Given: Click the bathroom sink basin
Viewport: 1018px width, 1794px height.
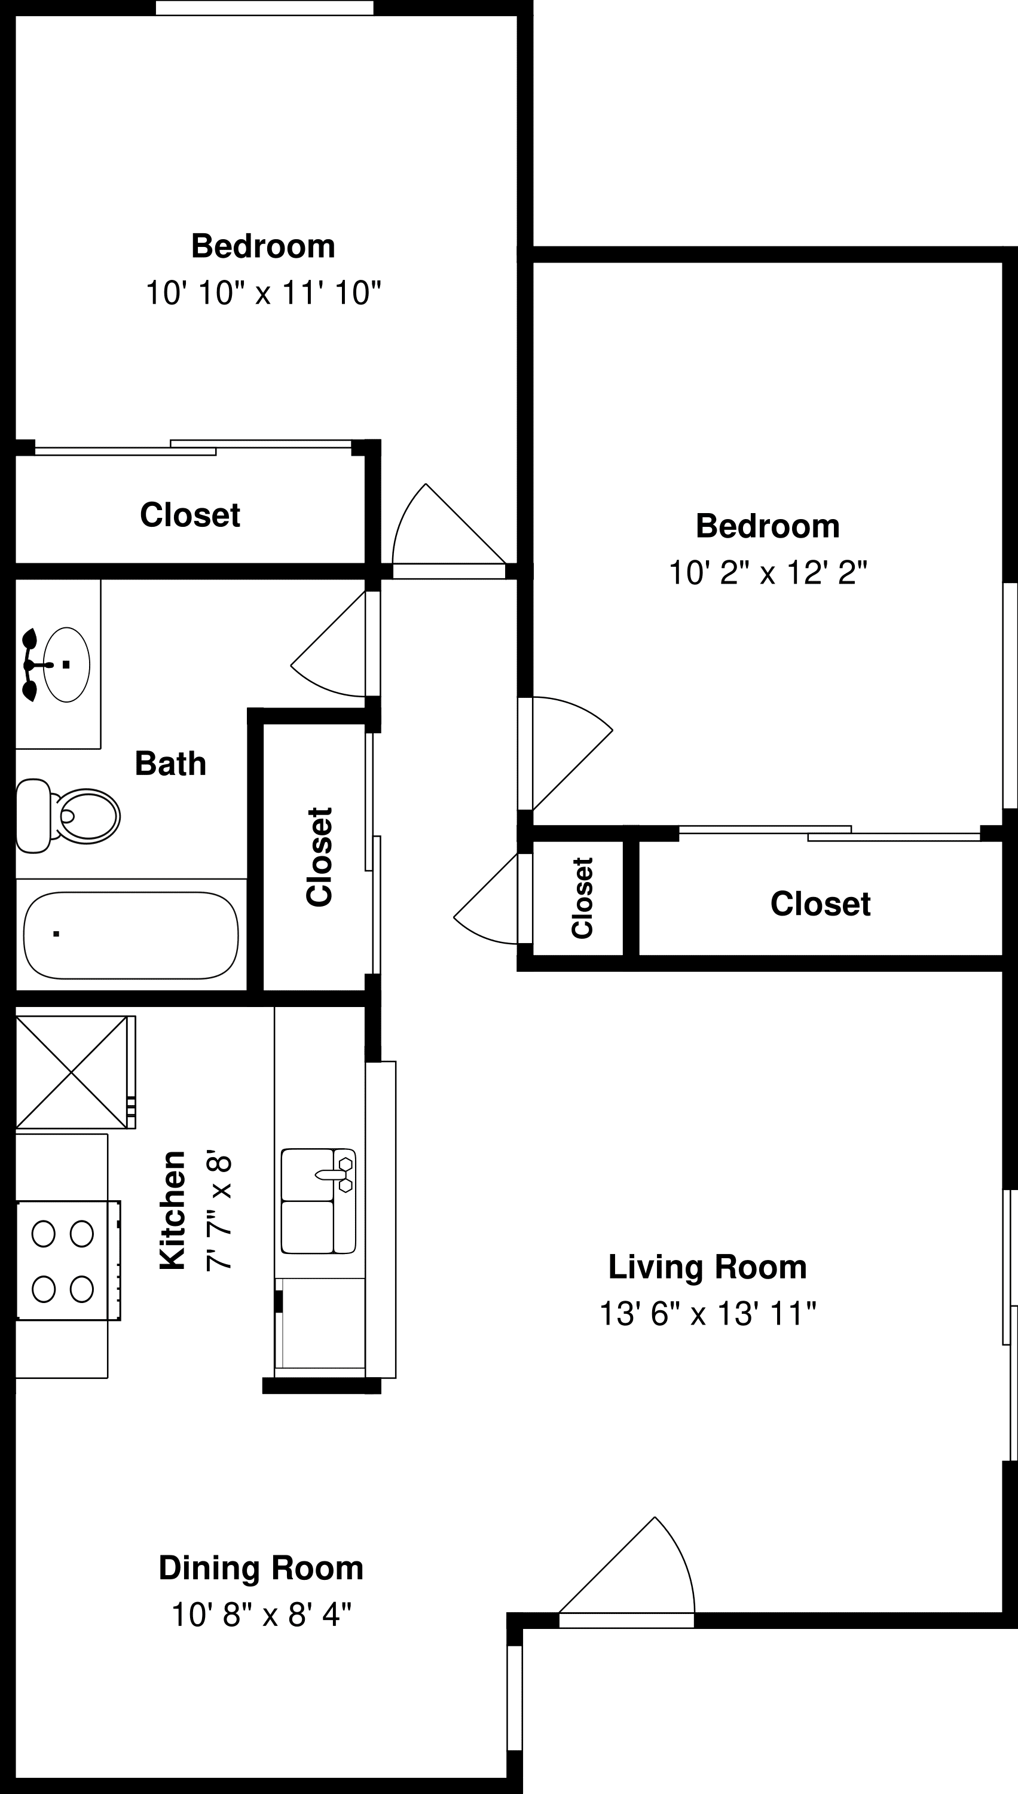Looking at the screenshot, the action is (x=66, y=664).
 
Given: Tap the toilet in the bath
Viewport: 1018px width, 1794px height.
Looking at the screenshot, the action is (x=67, y=816).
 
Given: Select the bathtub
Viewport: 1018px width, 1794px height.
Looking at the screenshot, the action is (x=131, y=935).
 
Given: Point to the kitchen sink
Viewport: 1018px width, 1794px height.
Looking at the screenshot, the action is (x=318, y=1200).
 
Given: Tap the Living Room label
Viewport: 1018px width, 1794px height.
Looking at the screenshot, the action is (x=708, y=1267).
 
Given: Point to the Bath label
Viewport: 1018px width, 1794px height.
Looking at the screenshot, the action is (x=170, y=763).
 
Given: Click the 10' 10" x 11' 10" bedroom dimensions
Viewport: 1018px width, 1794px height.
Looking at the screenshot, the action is (x=263, y=292).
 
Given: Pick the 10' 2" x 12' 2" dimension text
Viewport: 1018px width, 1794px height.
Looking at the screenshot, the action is (x=768, y=573).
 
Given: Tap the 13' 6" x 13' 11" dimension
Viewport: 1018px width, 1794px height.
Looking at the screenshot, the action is (x=708, y=1313).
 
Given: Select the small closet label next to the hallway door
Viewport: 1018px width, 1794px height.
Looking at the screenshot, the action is (x=582, y=898).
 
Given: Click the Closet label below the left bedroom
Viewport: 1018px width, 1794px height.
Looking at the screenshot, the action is (x=190, y=515).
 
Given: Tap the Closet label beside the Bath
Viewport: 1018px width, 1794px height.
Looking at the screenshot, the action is (x=320, y=857).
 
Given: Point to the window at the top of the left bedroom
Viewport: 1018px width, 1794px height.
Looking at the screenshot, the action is (x=264, y=8).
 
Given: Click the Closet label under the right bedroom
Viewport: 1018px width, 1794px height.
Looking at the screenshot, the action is (x=820, y=904).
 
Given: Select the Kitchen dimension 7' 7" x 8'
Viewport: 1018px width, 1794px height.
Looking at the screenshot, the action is (x=218, y=1212).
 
